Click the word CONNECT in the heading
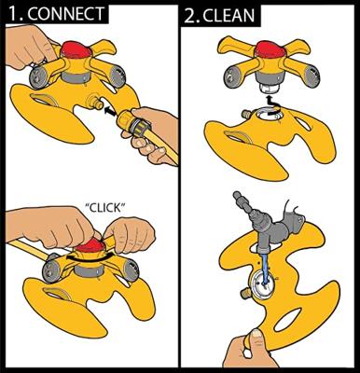click(x=68, y=15)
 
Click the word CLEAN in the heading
click(x=228, y=16)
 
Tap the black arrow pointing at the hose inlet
click(x=111, y=112)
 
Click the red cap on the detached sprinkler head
click(x=267, y=49)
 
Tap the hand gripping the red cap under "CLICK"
click(x=130, y=234)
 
